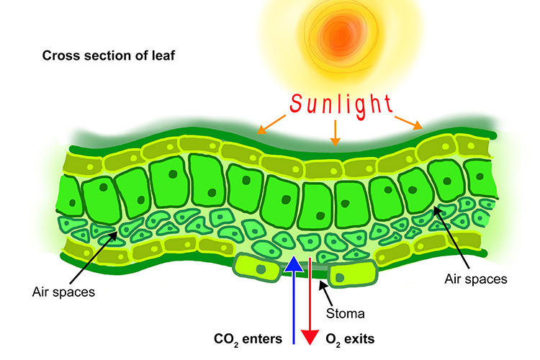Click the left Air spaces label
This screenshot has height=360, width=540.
click(64, 292)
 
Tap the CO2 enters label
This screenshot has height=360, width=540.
click(248, 337)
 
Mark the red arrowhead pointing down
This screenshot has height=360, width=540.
click(310, 336)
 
